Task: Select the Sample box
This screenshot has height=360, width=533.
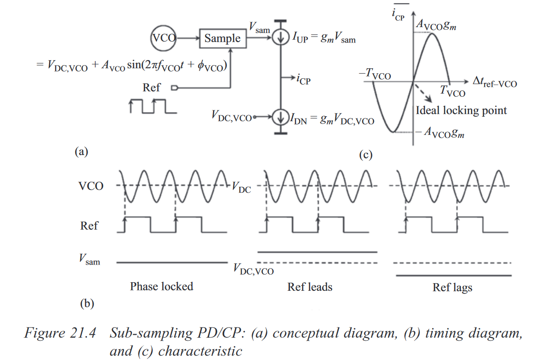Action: tap(223, 38)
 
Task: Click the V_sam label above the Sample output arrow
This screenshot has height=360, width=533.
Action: tap(259, 28)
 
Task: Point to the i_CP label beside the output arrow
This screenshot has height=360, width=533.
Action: tap(302, 80)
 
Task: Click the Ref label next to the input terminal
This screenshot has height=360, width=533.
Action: tap(152, 87)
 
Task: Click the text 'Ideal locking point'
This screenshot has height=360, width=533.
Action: tap(461, 110)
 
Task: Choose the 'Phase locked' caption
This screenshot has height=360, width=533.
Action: tap(162, 286)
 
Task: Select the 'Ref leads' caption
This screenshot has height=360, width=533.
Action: tap(310, 287)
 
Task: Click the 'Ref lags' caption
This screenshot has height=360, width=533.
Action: tap(452, 288)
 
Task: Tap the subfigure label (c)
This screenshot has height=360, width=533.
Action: tap(365, 155)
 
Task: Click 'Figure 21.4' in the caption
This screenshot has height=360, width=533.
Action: tap(60, 334)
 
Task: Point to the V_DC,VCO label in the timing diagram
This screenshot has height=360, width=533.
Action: tap(253, 269)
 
